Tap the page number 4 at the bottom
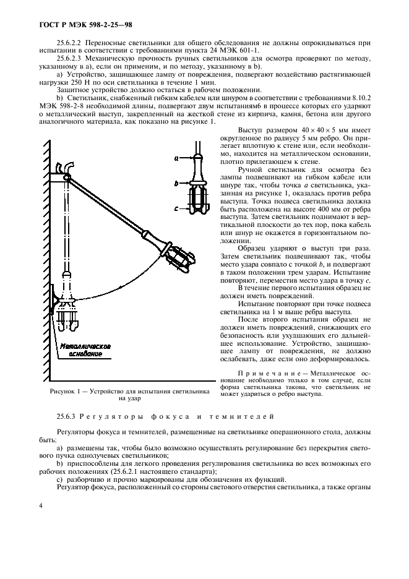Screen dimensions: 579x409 click(x=40, y=505)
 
